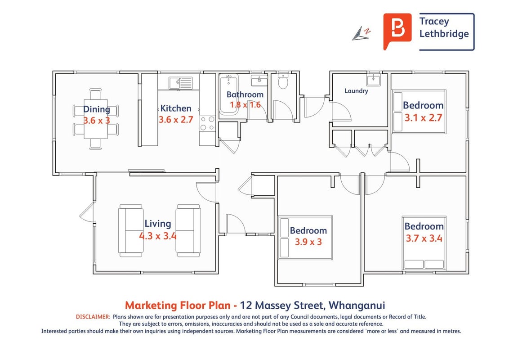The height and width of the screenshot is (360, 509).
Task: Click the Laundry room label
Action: [356, 91]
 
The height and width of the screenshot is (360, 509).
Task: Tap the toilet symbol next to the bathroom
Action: [283, 81]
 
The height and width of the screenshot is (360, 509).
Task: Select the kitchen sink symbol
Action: [180, 83]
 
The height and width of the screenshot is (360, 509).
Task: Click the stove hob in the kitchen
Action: [207, 123]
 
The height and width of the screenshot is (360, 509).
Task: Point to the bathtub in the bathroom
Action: [229, 94]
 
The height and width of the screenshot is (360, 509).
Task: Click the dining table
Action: [96, 119]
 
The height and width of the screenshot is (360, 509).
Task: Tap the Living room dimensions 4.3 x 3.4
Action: [158, 235]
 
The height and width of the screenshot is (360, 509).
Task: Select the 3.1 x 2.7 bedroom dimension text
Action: [423, 117]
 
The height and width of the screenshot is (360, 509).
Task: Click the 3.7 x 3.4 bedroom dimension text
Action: [424, 238]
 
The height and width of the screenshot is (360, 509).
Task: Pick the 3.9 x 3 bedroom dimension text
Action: [308, 242]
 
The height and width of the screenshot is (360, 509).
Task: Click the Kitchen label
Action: [176, 108]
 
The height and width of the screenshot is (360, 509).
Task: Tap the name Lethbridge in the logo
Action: [444, 33]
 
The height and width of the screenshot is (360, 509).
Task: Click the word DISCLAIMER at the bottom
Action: [93, 317]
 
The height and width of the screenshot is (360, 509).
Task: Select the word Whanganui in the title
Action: [357, 306]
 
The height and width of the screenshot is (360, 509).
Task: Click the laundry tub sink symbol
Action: [373, 80]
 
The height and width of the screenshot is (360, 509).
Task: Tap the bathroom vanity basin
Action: [259, 80]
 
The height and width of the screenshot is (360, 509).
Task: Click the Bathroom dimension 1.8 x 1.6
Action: [245, 104]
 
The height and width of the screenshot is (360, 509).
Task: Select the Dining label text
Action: [96, 109]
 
